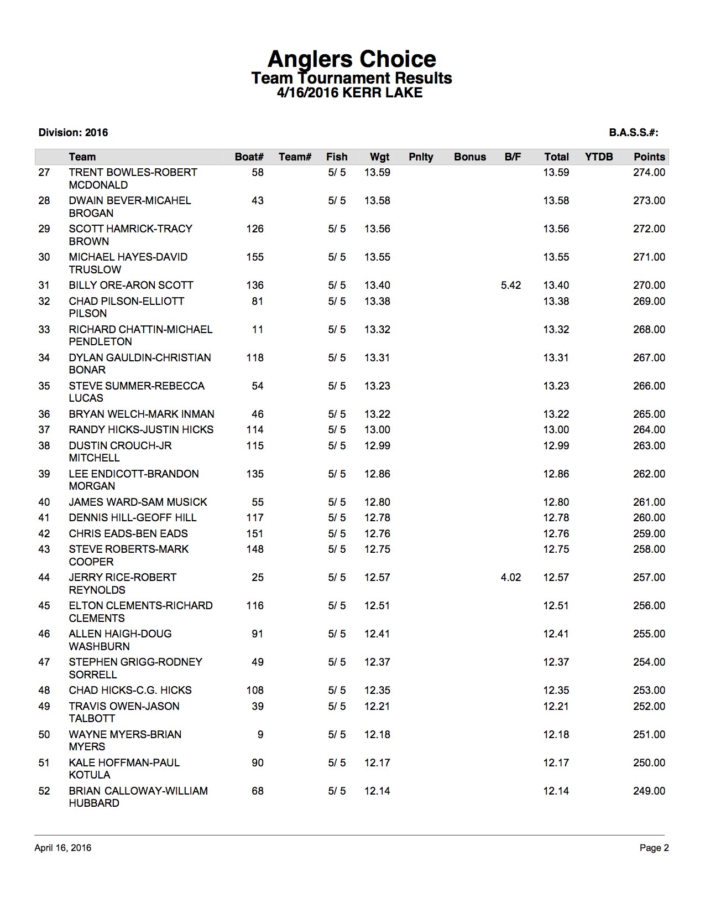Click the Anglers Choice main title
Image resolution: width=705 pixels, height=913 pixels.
(352, 59)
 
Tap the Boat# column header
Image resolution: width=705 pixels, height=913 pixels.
(249, 157)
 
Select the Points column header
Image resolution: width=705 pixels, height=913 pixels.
(649, 157)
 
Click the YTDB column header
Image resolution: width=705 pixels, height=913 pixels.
(599, 157)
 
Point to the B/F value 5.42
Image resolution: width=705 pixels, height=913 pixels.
(510, 286)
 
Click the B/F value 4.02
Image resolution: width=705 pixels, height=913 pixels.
(510, 578)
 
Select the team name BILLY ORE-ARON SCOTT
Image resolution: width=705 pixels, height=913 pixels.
(131, 286)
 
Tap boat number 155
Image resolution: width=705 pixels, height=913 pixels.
(255, 257)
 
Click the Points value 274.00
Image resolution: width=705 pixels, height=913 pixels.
(649, 173)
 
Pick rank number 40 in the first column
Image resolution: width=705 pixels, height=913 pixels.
(44, 502)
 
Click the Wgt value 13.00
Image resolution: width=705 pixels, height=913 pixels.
(377, 430)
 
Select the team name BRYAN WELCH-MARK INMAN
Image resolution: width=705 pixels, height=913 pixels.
(142, 414)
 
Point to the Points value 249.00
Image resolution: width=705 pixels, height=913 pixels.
(649, 791)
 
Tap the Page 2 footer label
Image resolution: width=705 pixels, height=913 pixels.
(654, 848)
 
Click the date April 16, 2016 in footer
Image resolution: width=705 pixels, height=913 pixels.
(63, 848)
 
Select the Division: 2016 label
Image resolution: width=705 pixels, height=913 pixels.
(73, 133)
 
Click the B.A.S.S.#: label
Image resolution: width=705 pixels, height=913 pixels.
(634, 133)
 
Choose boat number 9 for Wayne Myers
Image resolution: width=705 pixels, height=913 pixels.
(260, 735)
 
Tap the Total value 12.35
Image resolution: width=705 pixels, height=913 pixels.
(556, 691)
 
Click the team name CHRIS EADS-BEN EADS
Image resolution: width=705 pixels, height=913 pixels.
(128, 534)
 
